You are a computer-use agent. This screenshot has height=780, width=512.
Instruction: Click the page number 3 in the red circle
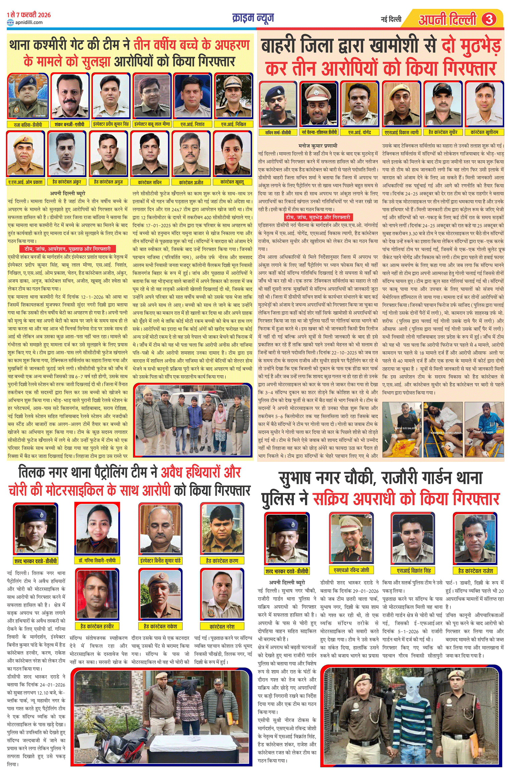[489, 19]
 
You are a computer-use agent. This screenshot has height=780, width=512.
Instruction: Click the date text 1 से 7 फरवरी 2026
[29, 15]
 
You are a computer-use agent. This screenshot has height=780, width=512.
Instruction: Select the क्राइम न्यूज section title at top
[253, 18]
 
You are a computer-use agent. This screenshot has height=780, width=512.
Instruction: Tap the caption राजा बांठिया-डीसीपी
[28, 125]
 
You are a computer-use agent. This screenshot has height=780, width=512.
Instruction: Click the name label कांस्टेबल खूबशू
[232, 182]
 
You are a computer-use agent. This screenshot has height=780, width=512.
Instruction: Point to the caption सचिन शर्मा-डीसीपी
[278, 132]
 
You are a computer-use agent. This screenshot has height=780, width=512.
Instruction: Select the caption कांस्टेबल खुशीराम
[484, 132]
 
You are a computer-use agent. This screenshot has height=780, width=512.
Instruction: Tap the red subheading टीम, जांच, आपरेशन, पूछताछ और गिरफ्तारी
[67, 249]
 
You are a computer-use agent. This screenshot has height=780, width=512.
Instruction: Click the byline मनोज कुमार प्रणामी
[318, 146]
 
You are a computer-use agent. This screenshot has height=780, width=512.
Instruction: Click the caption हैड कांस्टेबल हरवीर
[97, 626]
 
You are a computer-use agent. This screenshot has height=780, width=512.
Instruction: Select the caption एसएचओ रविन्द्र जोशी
[351, 570]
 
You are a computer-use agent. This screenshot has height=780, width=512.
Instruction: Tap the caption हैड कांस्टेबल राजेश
[475, 570]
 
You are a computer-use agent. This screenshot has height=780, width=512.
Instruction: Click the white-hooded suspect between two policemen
[410, 717]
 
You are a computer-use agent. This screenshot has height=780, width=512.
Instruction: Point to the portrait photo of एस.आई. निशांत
[192, 96]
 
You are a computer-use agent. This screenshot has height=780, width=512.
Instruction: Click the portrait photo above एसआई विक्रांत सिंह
[413, 538]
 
